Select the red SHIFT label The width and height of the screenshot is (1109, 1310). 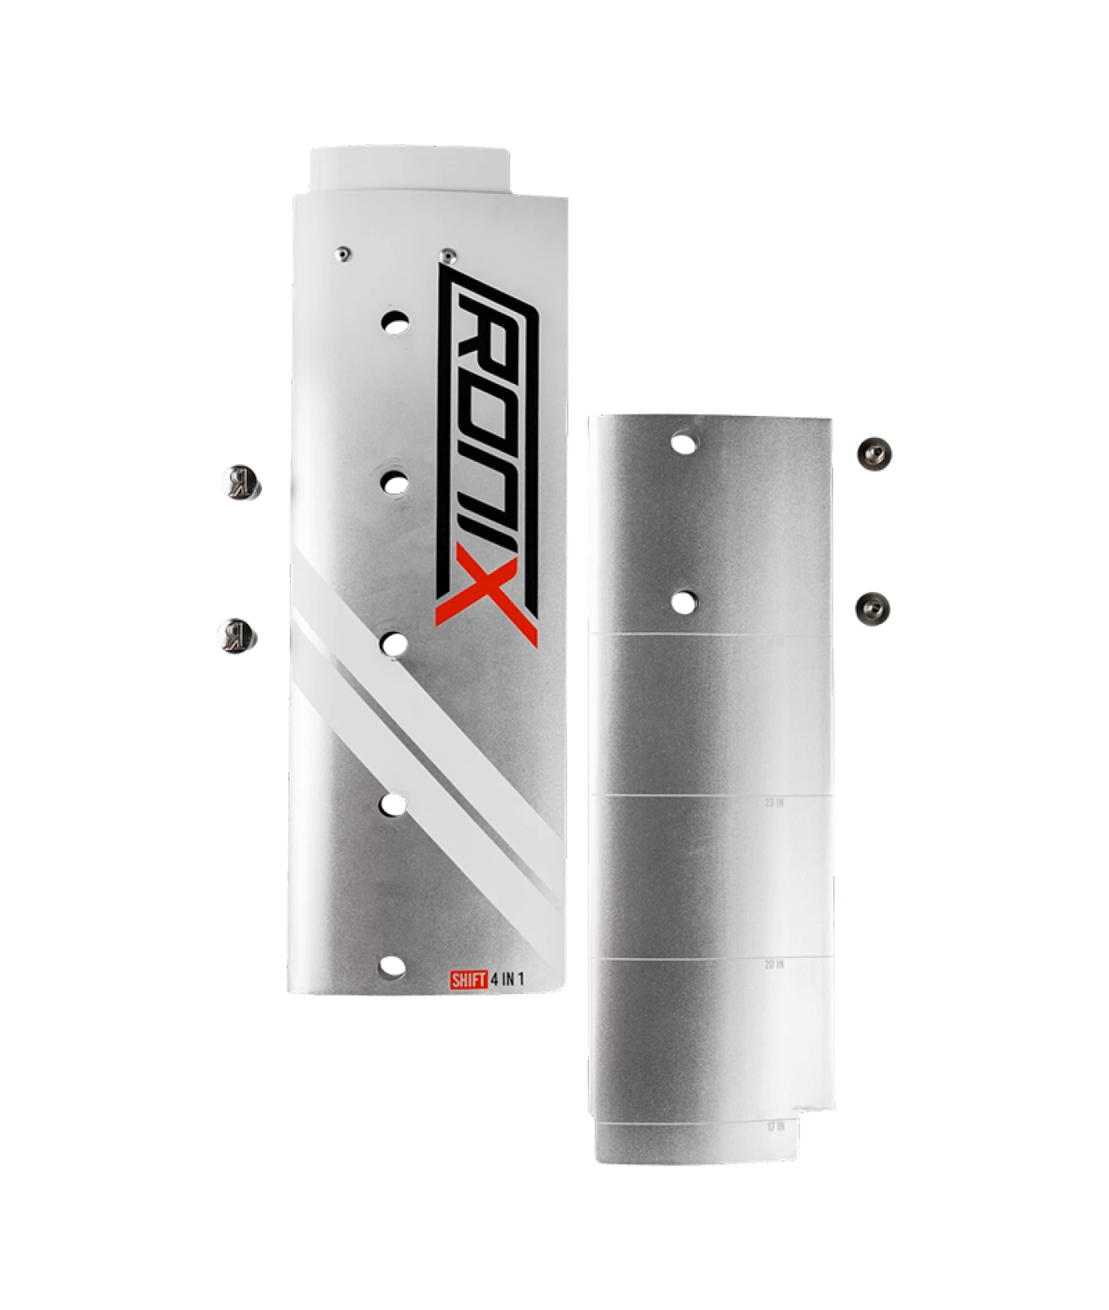(468, 979)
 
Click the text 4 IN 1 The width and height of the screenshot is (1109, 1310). (507, 979)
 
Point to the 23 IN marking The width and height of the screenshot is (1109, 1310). (774, 803)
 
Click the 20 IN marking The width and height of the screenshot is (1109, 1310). (774, 964)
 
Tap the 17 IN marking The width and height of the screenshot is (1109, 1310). (775, 1127)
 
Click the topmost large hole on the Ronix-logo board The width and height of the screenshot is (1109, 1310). (395, 321)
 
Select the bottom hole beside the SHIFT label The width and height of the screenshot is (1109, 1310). (392, 968)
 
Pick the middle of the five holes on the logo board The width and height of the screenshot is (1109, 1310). (394, 644)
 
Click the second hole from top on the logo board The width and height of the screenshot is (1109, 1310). (395, 482)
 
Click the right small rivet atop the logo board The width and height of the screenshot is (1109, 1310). (446, 255)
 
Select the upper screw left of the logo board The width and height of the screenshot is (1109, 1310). (239, 482)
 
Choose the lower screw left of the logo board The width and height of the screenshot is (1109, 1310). (237, 636)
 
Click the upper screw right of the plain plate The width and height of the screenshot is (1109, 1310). (874, 453)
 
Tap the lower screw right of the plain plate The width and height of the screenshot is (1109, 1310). (873, 608)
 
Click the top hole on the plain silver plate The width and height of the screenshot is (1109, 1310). (684, 443)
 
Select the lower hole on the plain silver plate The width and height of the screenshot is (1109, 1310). (684, 601)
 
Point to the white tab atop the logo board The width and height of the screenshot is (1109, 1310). (410, 168)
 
